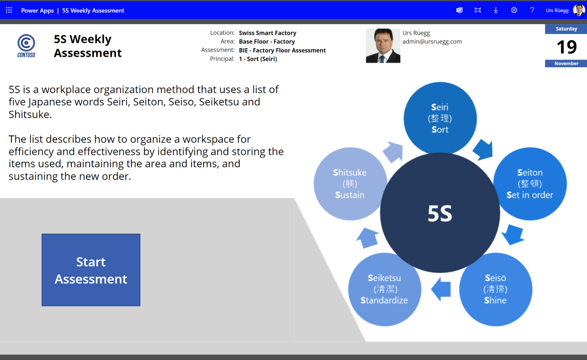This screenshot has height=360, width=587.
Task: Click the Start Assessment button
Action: [x=91, y=270]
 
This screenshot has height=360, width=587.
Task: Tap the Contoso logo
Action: [x=26, y=46]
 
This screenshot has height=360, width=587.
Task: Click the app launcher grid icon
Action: [x=9, y=10]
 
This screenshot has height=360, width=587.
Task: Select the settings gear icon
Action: [x=514, y=10]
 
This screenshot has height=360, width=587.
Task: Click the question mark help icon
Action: [x=532, y=10]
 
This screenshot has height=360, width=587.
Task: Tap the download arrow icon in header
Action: [x=496, y=10]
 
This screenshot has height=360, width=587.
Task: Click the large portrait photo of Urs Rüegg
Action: [x=383, y=46]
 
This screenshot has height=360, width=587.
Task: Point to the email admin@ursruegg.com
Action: [x=432, y=42]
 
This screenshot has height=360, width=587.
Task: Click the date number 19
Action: [x=566, y=47]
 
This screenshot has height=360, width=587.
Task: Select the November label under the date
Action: [x=566, y=63]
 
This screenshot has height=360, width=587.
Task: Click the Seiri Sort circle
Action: [x=440, y=118]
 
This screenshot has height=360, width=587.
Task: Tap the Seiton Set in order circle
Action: [x=530, y=184]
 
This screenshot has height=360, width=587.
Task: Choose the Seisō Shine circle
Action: [x=496, y=289]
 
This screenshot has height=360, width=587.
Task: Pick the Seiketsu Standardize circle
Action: [x=384, y=289]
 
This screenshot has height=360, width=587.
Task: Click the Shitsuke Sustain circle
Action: [x=350, y=184]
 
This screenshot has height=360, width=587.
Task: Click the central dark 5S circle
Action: [x=440, y=213]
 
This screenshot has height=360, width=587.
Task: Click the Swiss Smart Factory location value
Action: [x=268, y=33]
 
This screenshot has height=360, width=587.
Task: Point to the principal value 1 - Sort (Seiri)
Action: [x=258, y=59]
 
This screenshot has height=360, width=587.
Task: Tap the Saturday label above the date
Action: [x=566, y=29]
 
